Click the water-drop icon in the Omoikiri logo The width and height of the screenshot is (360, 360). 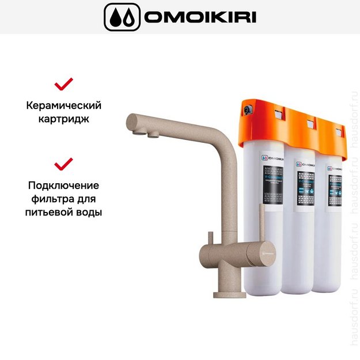tap(122, 17)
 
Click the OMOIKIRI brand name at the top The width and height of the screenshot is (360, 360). tap(200, 17)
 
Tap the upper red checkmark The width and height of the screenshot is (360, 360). tap(63, 84)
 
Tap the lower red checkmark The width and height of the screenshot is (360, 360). tap(63, 164)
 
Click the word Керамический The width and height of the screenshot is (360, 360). tap(63, 106)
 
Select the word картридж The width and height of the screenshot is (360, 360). tap(63, 120)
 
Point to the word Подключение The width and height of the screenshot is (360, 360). tap(63, 185)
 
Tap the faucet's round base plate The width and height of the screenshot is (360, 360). tap(229, 294)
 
